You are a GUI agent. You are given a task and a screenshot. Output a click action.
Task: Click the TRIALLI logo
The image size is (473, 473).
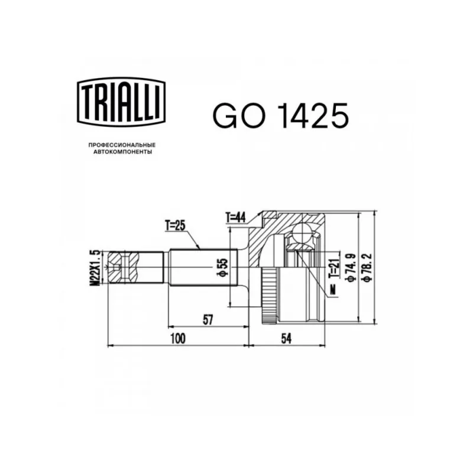coord(121,102)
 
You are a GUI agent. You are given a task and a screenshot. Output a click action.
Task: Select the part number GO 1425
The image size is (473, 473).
coord(280,115)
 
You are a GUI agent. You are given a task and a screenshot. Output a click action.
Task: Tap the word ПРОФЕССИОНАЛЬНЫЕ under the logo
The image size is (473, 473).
coord(122,145)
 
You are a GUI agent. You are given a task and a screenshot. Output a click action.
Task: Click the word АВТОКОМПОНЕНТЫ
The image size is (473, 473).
coord(122,152)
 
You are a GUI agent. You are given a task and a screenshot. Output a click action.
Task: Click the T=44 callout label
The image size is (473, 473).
coord(236,217)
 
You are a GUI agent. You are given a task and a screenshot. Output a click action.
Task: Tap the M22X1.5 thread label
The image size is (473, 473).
coord(96,268)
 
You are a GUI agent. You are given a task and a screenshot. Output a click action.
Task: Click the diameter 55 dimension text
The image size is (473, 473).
coord(225,268)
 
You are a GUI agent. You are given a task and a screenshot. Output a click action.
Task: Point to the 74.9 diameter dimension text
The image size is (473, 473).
coord(351,268)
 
